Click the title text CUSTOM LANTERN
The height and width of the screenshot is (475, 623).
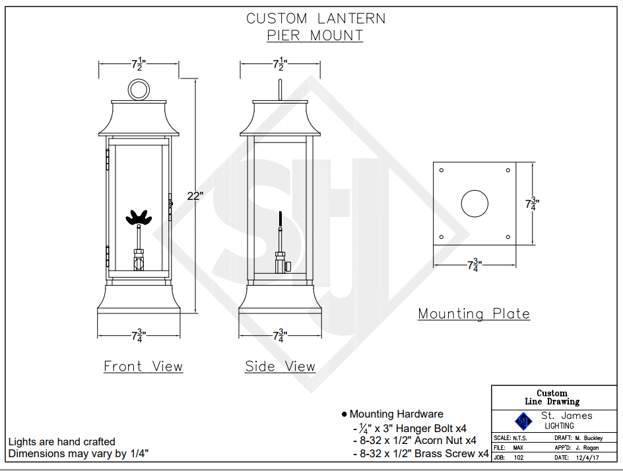coord(315,18)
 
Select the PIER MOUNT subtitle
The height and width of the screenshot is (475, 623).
coord(315,36)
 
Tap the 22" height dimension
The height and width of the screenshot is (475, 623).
coord(195,196)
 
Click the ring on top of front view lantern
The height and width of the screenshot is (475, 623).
coord(139,88)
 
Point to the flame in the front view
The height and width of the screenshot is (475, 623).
coord(139,217)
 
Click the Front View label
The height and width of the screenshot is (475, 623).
coord(143,367)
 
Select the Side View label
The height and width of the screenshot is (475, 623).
coord(280,367)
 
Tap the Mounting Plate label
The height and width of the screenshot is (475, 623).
coord(474,314)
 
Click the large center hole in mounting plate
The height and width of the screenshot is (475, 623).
coord(475,203)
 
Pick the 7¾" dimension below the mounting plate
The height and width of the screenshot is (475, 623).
coord(475,266)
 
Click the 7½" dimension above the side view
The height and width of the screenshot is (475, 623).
coord(280,64)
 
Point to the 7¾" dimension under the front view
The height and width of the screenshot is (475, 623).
coord(139,336)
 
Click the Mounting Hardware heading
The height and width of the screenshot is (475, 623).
coord(396,414)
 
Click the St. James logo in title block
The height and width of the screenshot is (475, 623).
coord(523,420)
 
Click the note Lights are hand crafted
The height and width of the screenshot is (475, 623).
coord(61,442)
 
